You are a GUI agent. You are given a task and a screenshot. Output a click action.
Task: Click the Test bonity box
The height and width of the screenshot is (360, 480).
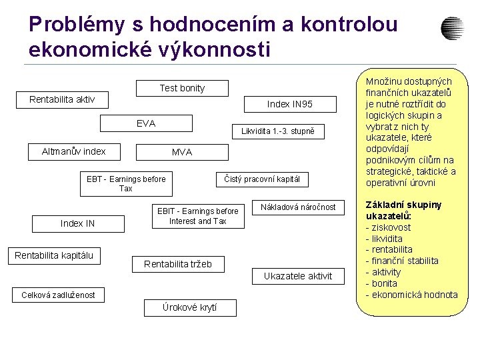(x=182, y=88)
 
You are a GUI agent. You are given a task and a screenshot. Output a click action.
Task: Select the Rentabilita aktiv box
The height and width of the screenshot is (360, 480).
(x=62, y=100)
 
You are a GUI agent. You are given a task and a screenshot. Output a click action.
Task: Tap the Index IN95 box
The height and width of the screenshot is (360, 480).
(x=289, y=104)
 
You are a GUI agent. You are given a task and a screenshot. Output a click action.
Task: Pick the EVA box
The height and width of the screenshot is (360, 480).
(x=146, y=123)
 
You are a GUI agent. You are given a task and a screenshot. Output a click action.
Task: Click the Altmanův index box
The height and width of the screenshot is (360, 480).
(x=74, y=151)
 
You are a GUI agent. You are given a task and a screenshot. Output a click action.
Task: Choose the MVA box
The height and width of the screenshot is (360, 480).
(x=181, y=152)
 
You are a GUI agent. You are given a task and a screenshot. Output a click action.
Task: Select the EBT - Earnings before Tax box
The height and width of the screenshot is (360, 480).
(x=126, y=184)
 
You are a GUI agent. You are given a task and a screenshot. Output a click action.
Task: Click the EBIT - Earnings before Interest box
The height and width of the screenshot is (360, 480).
(x=197, y=216)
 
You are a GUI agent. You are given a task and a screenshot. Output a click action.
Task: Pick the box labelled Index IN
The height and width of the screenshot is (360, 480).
(x=77, y=224)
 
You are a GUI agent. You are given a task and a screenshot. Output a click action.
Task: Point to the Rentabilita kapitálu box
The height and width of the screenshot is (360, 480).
(x=54, y=255)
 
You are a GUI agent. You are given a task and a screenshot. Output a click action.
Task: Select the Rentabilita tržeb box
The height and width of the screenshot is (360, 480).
(x=178, y=264)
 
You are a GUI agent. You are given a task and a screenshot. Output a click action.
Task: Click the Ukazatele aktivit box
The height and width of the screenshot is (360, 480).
(x=298, y=276)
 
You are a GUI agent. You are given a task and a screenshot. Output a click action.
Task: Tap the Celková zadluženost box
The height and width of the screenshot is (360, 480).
(x=58, y=295)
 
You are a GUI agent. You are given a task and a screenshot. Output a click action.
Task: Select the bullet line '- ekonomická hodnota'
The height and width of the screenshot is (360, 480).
(x=412, y=295)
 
